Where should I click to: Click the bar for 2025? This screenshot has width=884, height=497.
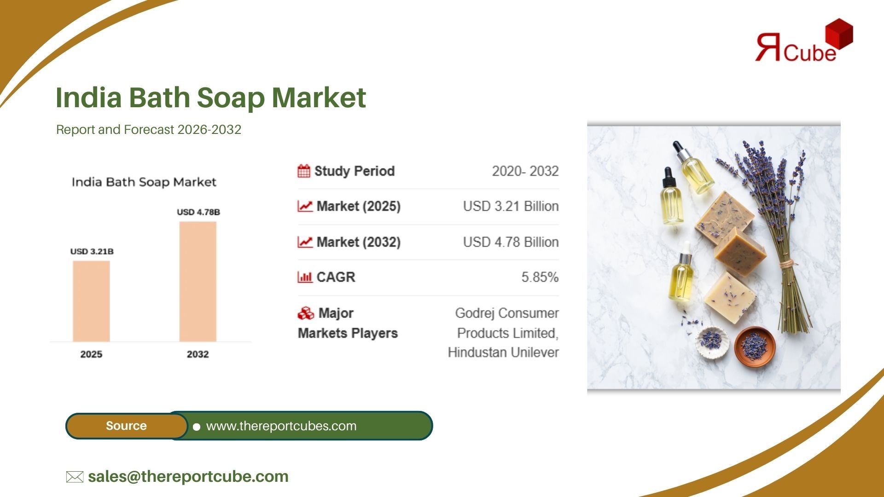pyautogui.click(x=91, y=301)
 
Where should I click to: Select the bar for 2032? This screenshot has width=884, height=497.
pyautogui.click(x=198, y=281)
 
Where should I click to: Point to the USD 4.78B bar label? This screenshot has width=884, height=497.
pyautogui.click(x=198, y=212)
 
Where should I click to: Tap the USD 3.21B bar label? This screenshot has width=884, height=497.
pyautogui.click(x=92, y=251)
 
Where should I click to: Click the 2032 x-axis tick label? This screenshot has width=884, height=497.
pyautogui.click(x=198, y=354)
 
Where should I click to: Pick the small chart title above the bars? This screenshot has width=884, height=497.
pyautogui.click(x=144, y=182)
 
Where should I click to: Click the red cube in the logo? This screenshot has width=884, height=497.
pyautogui.click(x=839, y=34)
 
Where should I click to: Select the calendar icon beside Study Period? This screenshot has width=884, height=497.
pyautogui.click(x=304, y=171)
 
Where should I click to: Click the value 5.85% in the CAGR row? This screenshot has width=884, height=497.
pyautogui.click(x=540, y=277)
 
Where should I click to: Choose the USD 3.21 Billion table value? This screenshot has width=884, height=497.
pyautogui.click(x=511, y=206)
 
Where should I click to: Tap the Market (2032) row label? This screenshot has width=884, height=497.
pyautogui.click(x=358, y=242)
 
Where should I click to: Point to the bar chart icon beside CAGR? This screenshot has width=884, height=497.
pyautogui.click(x=305, y=277)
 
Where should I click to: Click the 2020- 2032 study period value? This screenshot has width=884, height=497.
pyautogui.click(x=525, y=171)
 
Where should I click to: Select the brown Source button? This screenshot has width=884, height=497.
pyautogui.click(x=127, y=426)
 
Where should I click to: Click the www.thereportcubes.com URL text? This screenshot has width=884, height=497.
pyautogui.click(x=281, y=426)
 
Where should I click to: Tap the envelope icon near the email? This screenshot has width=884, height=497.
pyautogui.click(x=75, y=477)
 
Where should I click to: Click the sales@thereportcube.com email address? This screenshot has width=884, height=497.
pyautogui.click(x=188, y=476)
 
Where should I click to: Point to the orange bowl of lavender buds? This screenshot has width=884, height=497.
pyautogui.click(x=755, y=347)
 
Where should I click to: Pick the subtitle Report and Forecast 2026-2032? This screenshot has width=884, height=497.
pyautogui.click(x=149, y=130)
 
